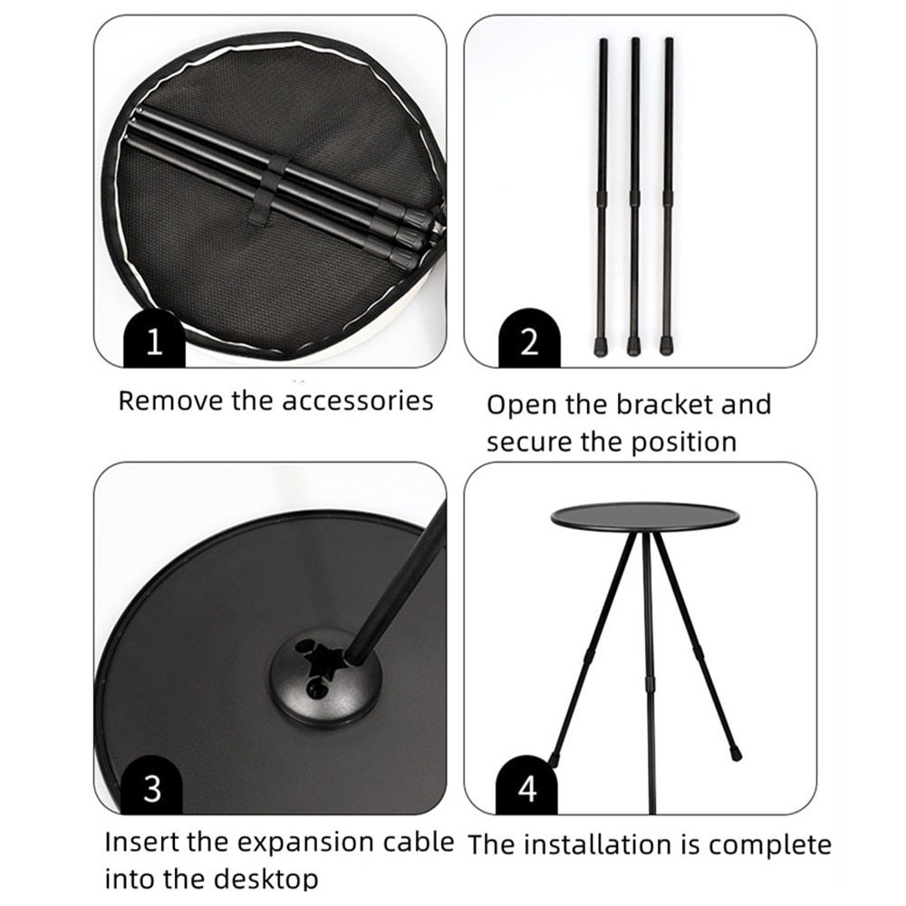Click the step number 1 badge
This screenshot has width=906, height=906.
[154, 339]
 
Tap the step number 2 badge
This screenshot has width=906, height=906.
[529, 339]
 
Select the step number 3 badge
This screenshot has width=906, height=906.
[152, 786]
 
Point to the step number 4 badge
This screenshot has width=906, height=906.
[527, 786]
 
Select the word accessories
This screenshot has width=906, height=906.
[358, 401]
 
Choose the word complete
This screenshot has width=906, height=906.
[770, 846]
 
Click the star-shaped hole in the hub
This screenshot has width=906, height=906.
[323, 661]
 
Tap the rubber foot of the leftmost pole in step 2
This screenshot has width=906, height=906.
[601, 346]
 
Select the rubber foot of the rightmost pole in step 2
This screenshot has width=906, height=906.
[666, 346]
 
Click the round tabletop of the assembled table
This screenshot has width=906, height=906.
[645, 516]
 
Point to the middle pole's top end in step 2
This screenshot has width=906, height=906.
[635, 41]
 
